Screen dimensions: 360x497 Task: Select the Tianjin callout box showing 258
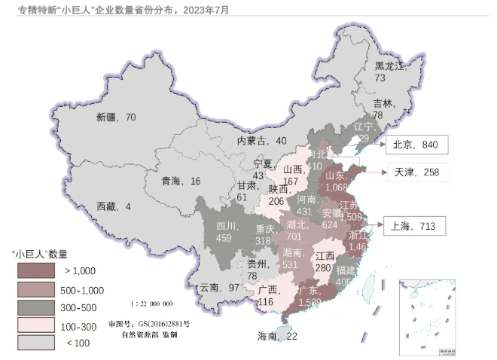click(417, 172)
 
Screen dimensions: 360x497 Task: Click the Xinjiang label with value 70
click(115, 117)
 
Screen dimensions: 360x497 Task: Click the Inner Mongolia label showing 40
click(262, 141)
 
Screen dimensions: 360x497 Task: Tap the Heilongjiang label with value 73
click(391, 72)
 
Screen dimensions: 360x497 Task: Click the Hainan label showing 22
click(276, 336)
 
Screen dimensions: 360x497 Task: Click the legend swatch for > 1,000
click(36, 270)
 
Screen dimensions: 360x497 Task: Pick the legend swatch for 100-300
click(36, 325)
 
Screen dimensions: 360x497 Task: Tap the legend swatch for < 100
click(36, 343)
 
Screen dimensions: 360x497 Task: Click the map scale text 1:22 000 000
click(151, 304)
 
